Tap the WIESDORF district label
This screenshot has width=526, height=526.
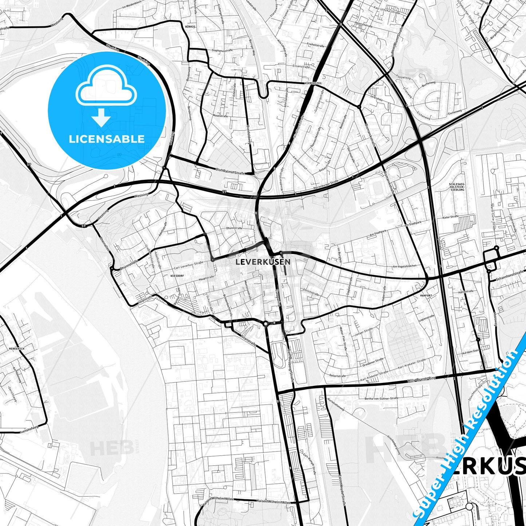[x=177, y=276]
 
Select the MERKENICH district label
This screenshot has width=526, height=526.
[x=17, y=349]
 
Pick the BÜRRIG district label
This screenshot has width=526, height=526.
[x=190, y=27]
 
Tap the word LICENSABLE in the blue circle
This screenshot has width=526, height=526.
[x=107, y=139]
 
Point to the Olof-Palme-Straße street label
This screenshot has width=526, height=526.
[x=230, y=170]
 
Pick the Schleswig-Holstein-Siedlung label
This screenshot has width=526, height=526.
[x=457, y=187]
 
